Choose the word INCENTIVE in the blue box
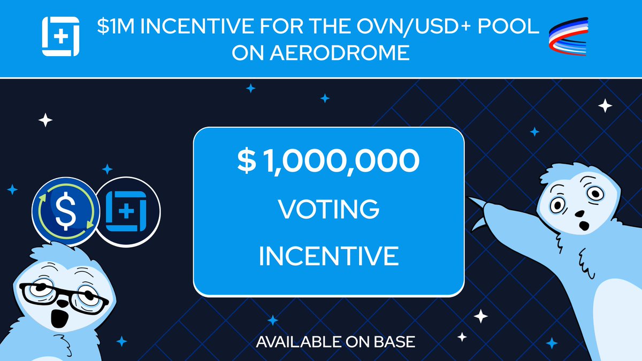(328, 256)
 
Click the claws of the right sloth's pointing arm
(481, 209)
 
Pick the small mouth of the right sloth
(579, 214)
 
